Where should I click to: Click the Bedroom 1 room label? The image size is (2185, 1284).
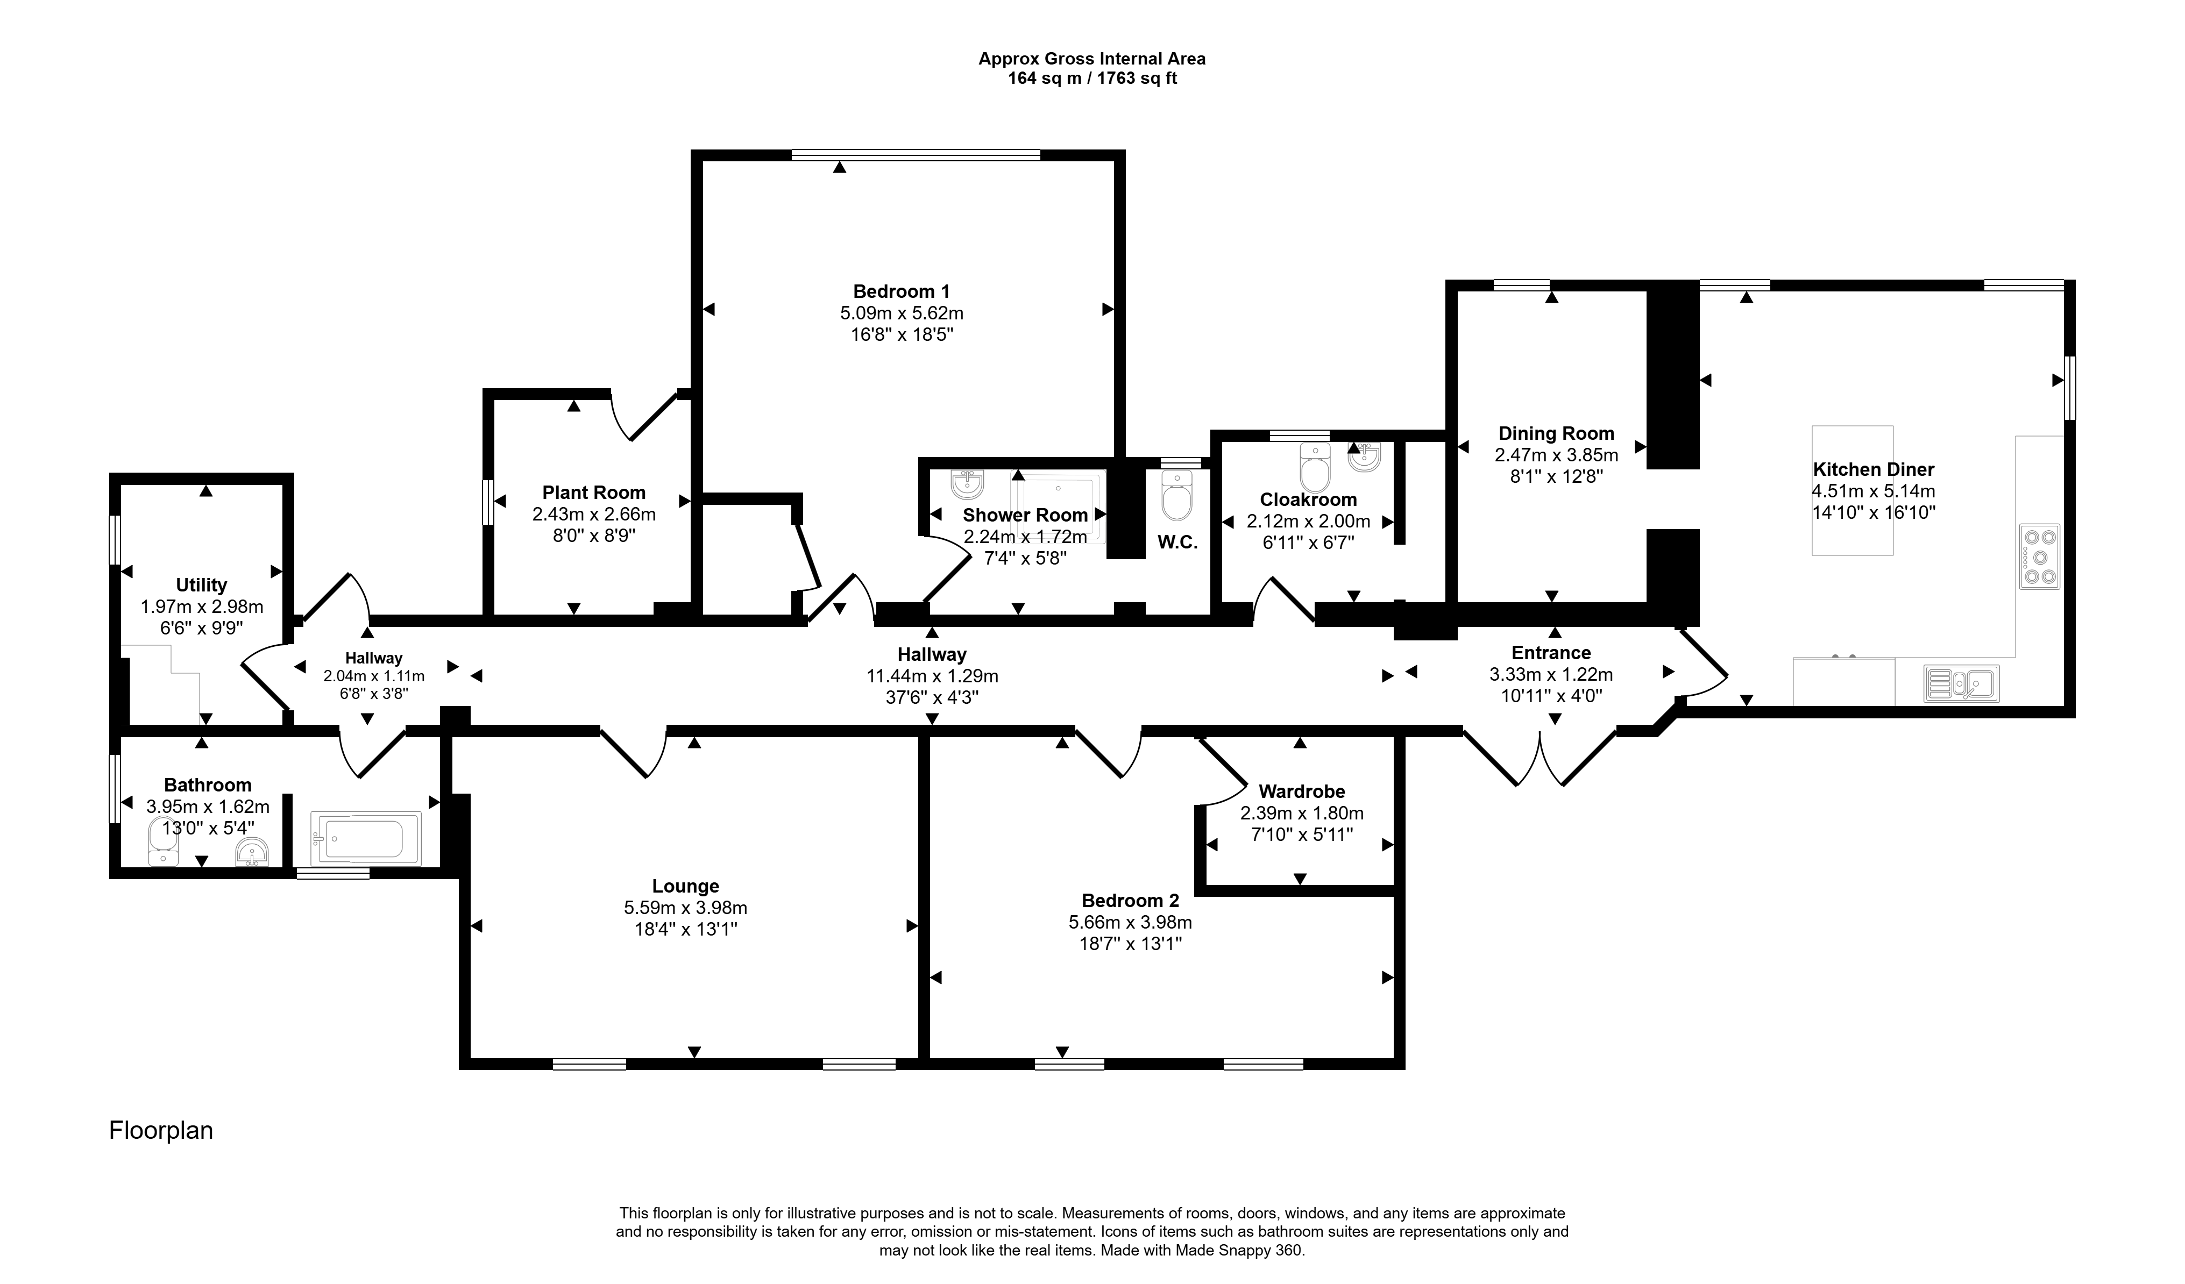click(902, 291)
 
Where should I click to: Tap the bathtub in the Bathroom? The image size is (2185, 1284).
click(366, 838)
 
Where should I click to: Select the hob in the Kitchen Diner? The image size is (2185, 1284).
click(2039, 557)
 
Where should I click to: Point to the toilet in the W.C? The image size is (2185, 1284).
click(1176, 495)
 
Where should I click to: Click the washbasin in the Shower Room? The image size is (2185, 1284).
click(967, 484)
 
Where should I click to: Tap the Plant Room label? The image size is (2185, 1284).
click(594, 493)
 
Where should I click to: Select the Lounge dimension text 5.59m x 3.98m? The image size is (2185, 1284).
click(685, 908)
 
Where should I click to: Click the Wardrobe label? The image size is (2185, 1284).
click(1301, 791)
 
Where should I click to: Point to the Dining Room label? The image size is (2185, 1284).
click(1556, 433)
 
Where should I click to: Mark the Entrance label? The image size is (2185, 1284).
click(1551, 653)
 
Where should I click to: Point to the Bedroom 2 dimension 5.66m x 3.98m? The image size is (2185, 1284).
click(1130, 923)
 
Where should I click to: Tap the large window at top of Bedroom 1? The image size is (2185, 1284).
click(916, 155)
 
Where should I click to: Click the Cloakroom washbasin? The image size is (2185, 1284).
click(1365, 457)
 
